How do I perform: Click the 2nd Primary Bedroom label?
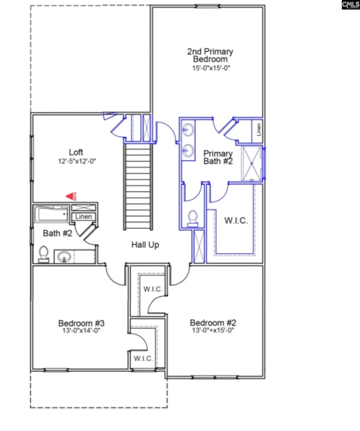[x=210, y=55]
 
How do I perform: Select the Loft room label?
[x=76, y=152]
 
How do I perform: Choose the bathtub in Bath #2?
[x=51, y=215]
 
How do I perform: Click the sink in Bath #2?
[x=64, y=256]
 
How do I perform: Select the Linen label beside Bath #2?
[x=84, y=217]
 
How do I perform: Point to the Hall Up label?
[x=145, y=245]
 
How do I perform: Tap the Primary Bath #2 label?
[x=218, y=157]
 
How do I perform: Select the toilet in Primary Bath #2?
[x=193, y=217]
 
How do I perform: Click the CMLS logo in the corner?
[x=351, y=5]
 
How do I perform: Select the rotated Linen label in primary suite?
[x=259, y=129]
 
